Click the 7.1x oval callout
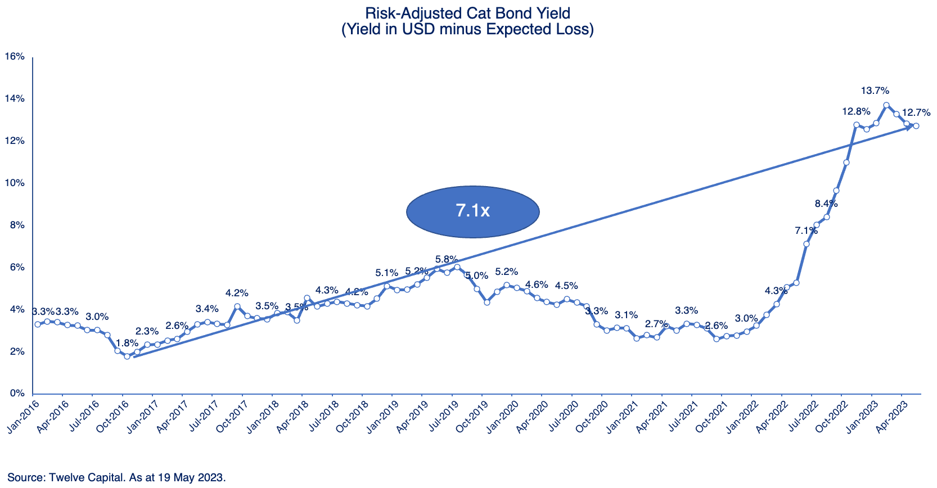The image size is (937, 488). click(x=473, y=211)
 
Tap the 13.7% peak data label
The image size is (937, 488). click(x=875, y=91)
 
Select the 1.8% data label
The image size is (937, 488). click(x=127, y=343)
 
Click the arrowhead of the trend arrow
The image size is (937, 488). click(x=909, y=128)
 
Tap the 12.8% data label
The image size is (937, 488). click(x=856, y=112)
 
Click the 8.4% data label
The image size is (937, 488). click(x=826, y=204)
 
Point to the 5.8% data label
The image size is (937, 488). click(x=447, y=259)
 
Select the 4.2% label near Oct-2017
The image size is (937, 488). click(x=237, y=293)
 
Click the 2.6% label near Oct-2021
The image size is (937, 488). click(x=716, y=326)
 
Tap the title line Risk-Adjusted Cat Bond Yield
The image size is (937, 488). click(x=467, y=13)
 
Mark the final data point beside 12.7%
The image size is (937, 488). click(x=916, y=126)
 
